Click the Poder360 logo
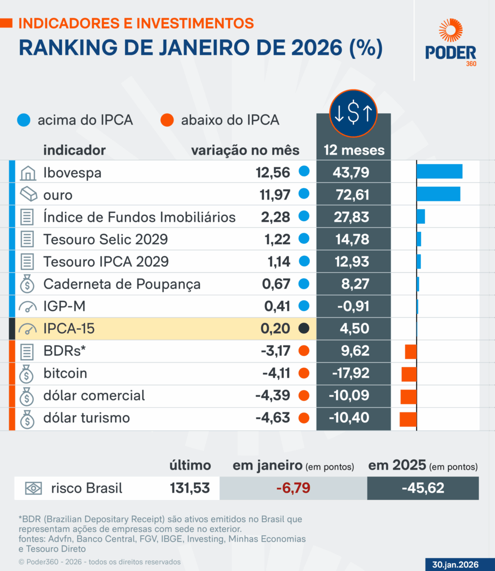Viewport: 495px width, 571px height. pyautogui.click(x=451, y=43)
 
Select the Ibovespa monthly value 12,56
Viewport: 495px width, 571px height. pyautogui.click(x=273, y=173)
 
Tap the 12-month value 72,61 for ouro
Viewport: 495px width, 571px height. pyautogui.click(x=351, y=195)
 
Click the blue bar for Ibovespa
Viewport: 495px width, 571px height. pyautogui.click(x=439, y=172)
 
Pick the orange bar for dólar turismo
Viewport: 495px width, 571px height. pyautogui.click(x=408, y=419)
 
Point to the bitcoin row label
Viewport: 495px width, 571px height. pyautogui.click(x=65, y=373)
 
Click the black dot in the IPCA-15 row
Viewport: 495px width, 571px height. pyautogui.click(x=304, y=329)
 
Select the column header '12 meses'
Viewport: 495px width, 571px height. pyautogui.click(x=354, y=150)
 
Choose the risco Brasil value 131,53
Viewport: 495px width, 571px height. pyautogui.click(x=189, y=488)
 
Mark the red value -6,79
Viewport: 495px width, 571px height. pyautogui.click(x=293, y=488)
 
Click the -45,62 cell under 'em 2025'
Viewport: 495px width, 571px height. pyautogui.click(x=423, y=488)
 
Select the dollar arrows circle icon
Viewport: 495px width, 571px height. pyautogui.click(x=354, y=113)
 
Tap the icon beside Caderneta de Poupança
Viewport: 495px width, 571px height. pyautogui.click(x=28, y=284)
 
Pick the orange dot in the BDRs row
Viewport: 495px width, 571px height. pyautogui.click(x=304, y=351)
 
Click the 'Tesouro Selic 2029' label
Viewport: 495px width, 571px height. pyautogui.click(x=105, y=239)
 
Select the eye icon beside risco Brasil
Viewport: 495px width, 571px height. pyautogui.click(x=34, y=488)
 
